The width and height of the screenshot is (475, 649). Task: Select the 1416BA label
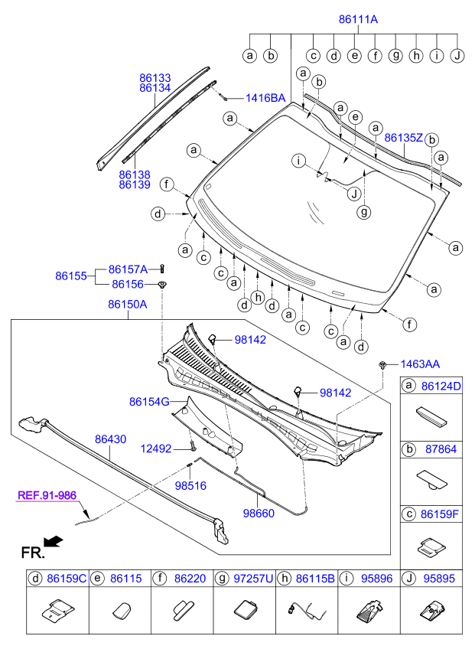coord(265,98)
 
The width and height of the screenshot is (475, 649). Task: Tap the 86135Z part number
coord(403,139)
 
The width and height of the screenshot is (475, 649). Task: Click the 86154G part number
coord(149,401)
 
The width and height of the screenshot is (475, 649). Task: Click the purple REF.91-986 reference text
coord(48,495)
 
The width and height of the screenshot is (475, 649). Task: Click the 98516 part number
coord(191,485)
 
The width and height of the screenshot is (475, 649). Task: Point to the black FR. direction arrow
coord(54,542)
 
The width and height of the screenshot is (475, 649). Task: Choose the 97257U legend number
coord(252,581)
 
